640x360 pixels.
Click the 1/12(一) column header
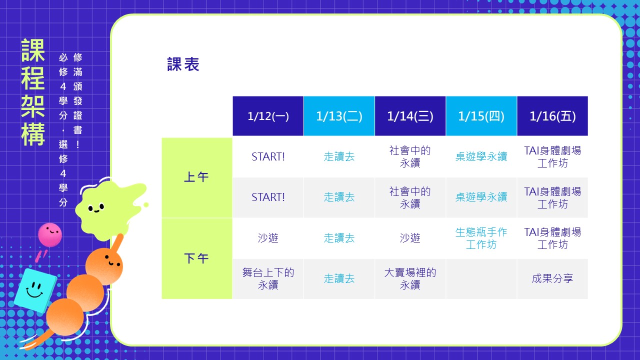click(268, 116)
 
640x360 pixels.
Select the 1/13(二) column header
click(339, 116)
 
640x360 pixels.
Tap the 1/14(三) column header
click(410, 116)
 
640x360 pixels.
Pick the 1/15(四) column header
click(481, 116)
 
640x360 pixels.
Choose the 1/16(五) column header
click(552, 116)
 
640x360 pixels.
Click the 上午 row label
click(197, 177)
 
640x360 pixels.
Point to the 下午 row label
click(197, 258)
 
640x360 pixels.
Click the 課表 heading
click(183, 64)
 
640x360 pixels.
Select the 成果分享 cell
click(552, 279)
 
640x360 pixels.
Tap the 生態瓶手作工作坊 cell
click(481, 238)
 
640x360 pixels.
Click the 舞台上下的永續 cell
click(268, 279)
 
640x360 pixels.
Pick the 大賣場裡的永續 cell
click(410, 279)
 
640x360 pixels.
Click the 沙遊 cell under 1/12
click(268, 238)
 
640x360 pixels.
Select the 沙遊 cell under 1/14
click(410, 238)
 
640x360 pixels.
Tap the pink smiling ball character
click(50, 234)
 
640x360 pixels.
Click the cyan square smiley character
click(35, 290)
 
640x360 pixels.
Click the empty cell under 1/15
click(481, 279)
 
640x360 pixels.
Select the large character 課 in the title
click(33, 50)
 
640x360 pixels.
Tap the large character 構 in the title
click(33, 134)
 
